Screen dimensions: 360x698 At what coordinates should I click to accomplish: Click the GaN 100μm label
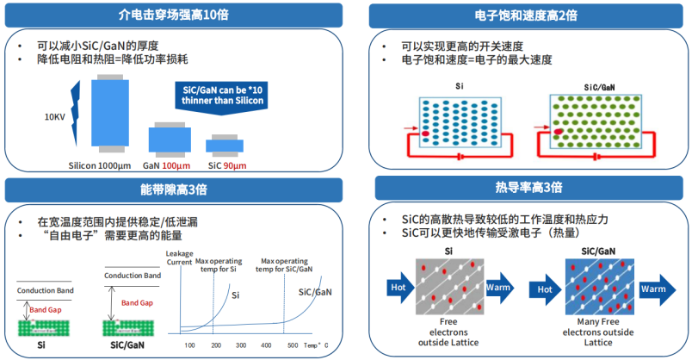(x=166, y=165)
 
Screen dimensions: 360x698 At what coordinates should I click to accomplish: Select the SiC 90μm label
(x=227, y=165)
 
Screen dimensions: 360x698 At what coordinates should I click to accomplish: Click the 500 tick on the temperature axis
(x=293, y=344)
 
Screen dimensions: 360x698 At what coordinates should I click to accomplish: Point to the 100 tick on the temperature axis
(x=190, y=344)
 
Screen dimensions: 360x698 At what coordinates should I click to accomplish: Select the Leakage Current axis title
(x=178, y=255)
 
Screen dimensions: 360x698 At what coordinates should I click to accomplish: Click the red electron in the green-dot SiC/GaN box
(x=558, y=131)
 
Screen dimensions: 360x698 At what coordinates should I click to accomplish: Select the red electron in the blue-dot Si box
(x=425, y=134)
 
